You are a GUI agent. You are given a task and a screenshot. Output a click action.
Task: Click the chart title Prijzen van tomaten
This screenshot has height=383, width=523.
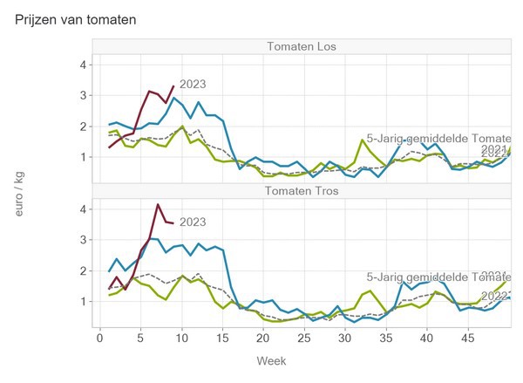click(x=76, y=18)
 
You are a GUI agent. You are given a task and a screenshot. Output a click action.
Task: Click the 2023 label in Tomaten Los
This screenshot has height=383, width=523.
click(x=194, y=84)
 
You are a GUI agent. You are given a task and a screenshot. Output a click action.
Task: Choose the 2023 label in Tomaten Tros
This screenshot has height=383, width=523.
click(x=193, y=222)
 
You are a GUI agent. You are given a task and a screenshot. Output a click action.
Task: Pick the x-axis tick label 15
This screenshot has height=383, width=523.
click(x=222, y=337)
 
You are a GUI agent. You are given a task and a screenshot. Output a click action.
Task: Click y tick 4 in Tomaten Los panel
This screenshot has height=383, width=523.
click(x=82, y=65)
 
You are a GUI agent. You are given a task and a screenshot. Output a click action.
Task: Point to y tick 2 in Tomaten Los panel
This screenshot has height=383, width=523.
click(x=82, y=127)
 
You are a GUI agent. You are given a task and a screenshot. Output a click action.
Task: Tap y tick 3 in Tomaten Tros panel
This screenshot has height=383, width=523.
click(x=82, y=239)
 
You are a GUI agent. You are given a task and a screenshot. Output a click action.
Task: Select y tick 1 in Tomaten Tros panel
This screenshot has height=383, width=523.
click(x=82, y=301)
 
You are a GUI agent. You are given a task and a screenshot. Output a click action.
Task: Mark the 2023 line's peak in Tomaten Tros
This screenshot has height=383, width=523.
click(x=158, y=205)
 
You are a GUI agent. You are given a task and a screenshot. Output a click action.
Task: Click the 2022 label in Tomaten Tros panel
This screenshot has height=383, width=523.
click(x=494, y=296)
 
